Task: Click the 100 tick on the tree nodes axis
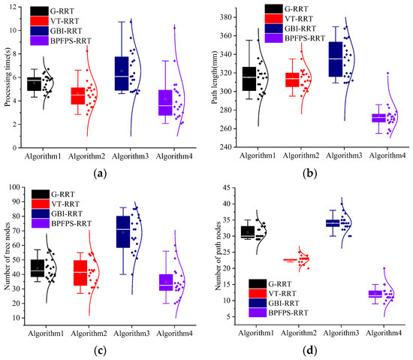[23, 187]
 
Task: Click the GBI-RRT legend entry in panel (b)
[306, 29]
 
